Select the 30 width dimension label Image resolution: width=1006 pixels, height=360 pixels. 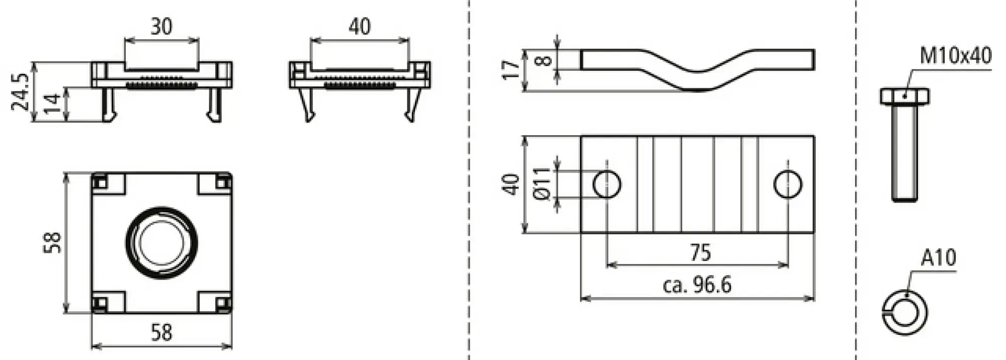pyautogui.click(x=161, y=26)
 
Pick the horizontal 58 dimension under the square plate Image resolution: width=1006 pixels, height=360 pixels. pyautogui.click(x=161, y=333)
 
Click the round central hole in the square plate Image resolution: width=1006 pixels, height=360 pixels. pyautogui.click(x=161, y=242)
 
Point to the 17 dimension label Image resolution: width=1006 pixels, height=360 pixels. pyautogui.click(x=511, y=69)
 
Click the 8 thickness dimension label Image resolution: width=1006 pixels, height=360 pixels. pyautogui.click(x=544, y=61)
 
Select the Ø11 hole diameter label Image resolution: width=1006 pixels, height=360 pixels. pyautogui.click(x=542, y=184)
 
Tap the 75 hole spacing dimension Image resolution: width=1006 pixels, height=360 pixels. pyautogui.click(x=700, y=253)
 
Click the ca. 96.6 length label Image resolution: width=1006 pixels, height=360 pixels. pyautogui.click(x=697, y=286)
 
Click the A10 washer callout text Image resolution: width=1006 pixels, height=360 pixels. pyautogui.click(x=939, y=258)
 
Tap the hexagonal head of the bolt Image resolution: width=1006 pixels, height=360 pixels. pyautogui.click(x=905, y=96)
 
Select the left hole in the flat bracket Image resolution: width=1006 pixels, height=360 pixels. pyautogui.click(x=607, y=184)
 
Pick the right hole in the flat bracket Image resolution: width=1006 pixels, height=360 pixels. pyautogui.click(x=788, y=184)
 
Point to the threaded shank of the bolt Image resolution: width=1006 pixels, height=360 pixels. pyautogui.click(x=905, y=153)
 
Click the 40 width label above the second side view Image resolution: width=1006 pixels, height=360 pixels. pyautogui.click(x=360, y=26)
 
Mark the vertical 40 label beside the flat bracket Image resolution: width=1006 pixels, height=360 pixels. pyautogui.click(x=511, y=184)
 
